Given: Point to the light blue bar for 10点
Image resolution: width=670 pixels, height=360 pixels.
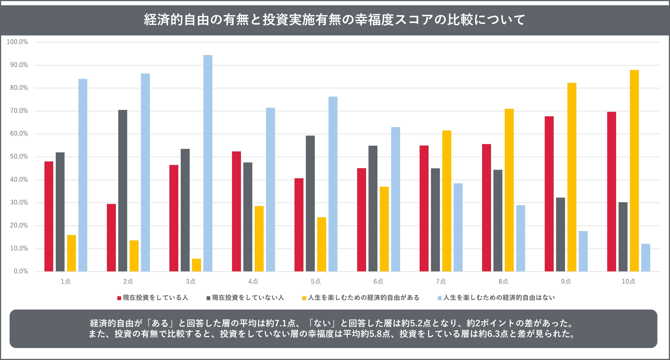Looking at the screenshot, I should coord(646,258).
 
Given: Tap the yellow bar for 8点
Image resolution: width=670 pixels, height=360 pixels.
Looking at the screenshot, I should coord(509,190).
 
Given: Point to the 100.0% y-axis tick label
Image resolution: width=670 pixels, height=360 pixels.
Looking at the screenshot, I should coord(17,42).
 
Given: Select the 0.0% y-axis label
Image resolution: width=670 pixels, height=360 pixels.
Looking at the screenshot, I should coord(21,271).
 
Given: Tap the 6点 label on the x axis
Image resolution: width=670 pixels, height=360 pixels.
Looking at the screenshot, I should coord(378,281).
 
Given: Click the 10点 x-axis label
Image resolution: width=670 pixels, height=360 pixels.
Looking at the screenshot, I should coord(628,281).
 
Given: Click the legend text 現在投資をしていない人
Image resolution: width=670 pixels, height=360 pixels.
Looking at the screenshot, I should coord(248,298).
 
